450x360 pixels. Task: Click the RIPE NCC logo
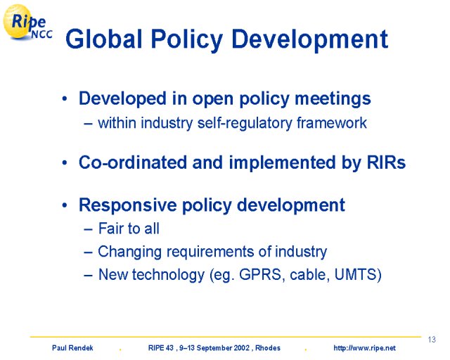(x=28, y=22)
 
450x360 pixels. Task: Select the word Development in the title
(x=309, y=40)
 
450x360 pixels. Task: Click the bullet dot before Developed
(x=65, y=99)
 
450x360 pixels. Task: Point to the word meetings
(x=333, y=99)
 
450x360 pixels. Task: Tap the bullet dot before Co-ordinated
(x=65, y=163)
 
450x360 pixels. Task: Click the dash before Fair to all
(x=89, y=230)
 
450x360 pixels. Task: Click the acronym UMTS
(x=356, y=274)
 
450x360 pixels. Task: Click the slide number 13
(x=432, y=340)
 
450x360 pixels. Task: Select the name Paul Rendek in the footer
(x=72, y=348)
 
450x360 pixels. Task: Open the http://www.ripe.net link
(x=364, y=348)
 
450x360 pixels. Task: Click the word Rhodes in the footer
(x=268, y=348)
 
